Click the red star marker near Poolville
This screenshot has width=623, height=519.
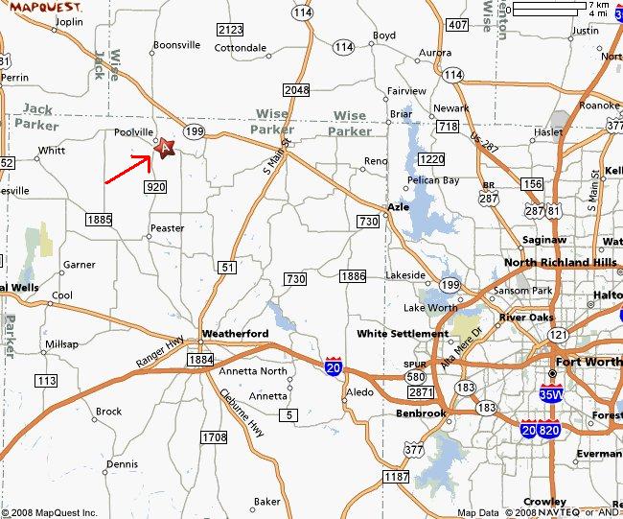pos(164,148)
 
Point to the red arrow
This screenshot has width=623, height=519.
pos(127,168)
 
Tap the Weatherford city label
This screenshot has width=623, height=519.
pos(234,333)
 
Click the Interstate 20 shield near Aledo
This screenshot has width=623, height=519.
pos(333,368)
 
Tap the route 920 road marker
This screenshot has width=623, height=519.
pos(156,187)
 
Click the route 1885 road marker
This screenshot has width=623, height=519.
pos(100,220)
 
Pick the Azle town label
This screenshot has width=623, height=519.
pos(398,207)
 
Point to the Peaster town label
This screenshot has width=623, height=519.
pos(166,228)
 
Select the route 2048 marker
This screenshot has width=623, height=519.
pos(297,90)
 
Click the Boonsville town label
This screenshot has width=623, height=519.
pos(176,45)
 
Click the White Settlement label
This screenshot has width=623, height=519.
pos(402,334)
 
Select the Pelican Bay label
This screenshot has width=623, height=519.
pos(432,180)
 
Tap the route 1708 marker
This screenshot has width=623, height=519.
pos(215,437)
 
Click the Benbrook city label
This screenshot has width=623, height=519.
pos(422,413)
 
